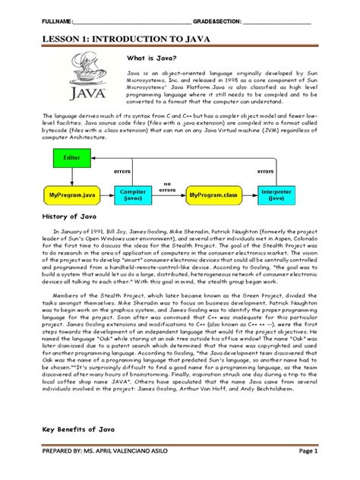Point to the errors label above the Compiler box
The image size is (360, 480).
(x=122, y=172)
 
